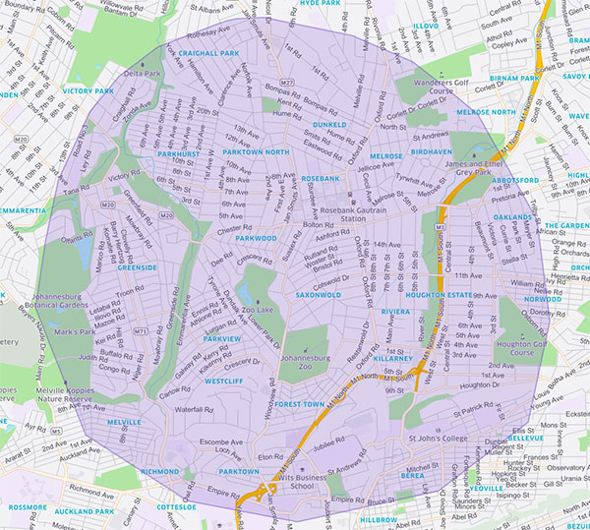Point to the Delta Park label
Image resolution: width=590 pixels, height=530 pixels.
point(143,74)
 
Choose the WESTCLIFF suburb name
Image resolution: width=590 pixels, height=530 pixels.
point(224,381)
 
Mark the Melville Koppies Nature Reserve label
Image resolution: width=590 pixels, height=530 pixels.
point(34,392)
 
